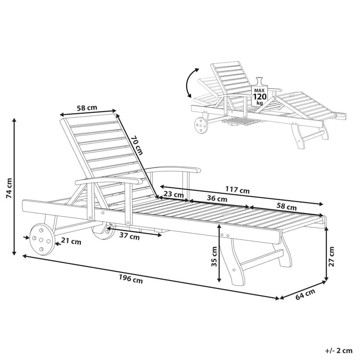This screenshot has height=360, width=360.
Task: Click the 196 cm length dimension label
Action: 131,279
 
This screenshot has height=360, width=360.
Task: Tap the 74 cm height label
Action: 9,188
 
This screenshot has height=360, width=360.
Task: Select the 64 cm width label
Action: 305,294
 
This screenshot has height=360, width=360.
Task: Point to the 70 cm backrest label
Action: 137,145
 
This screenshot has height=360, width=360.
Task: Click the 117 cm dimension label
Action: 237,190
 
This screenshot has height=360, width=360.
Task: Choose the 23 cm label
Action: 174,194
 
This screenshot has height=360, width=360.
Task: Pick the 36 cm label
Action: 217,198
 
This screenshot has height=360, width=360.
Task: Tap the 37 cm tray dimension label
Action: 129,236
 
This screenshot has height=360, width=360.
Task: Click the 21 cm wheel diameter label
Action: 71,242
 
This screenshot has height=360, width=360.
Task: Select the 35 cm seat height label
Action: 214,256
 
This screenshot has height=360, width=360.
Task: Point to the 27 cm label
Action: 331,256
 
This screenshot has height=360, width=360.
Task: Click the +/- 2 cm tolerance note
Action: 339,351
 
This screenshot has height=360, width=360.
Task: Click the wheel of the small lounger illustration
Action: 201,125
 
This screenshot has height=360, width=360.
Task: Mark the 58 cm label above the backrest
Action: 87,108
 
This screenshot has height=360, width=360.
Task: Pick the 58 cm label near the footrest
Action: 286,207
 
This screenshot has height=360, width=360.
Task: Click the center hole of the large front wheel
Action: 41,240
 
